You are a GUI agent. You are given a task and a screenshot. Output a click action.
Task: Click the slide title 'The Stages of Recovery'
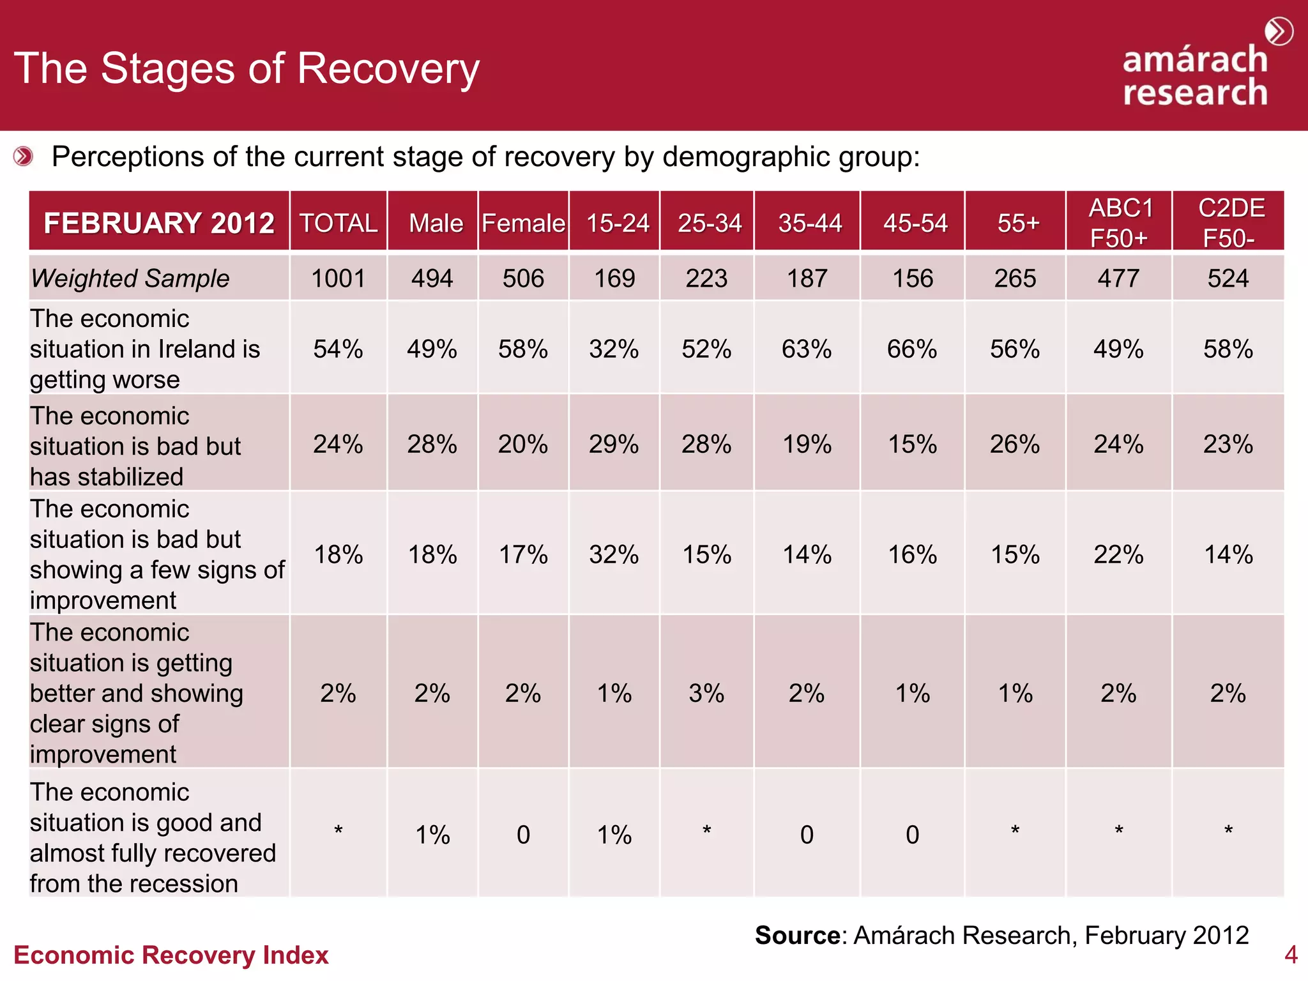pyautogui.click(x=247, y=69)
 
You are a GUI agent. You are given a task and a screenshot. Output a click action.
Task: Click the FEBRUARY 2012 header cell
pyautogui.click(x=159, y=223)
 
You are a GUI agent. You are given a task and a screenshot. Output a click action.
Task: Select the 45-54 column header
pyautogui.click(x=915, y=223)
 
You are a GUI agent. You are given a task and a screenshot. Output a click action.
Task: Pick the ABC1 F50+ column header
pyautogui.click(x=1120, y=223)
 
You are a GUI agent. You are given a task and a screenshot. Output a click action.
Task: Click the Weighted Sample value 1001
pyautogui.click(x=338, y=278)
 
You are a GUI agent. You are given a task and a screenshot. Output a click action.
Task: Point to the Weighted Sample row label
pyautogui.click(x=130, y=278)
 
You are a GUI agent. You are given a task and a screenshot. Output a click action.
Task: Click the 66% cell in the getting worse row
pyautogui.click(x=912, y=349)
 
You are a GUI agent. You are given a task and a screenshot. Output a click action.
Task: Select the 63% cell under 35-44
pyautogui.click(x=807, y=349)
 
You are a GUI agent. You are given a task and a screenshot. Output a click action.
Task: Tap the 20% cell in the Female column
pyautogui.click(x=523, y=445)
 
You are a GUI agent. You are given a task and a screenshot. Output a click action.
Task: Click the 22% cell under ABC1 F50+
pyautogui.click(x=1118, y=554)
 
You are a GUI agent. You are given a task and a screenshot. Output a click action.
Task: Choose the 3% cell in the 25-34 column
pyautogui.click(x=706, y=694)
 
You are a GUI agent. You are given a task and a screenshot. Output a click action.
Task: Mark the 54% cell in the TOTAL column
pyautogui.click(x=338, y=349)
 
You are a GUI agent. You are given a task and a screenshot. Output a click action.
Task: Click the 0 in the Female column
pyautogui.click(x=523, y=835)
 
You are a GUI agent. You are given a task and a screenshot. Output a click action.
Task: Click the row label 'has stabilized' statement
pyautogui.click(x=135, y=446)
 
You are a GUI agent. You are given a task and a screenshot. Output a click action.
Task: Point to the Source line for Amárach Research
pyautogui.click(x=1001, y=935)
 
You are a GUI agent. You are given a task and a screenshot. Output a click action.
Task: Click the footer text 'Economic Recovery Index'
pyautogui.click(x=171, y=955)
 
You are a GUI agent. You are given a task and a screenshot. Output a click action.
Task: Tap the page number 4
pyautogui.click(x=1291, y=955)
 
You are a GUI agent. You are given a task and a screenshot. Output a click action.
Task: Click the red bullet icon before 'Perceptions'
pyautogui.click(x=24, y=156)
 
